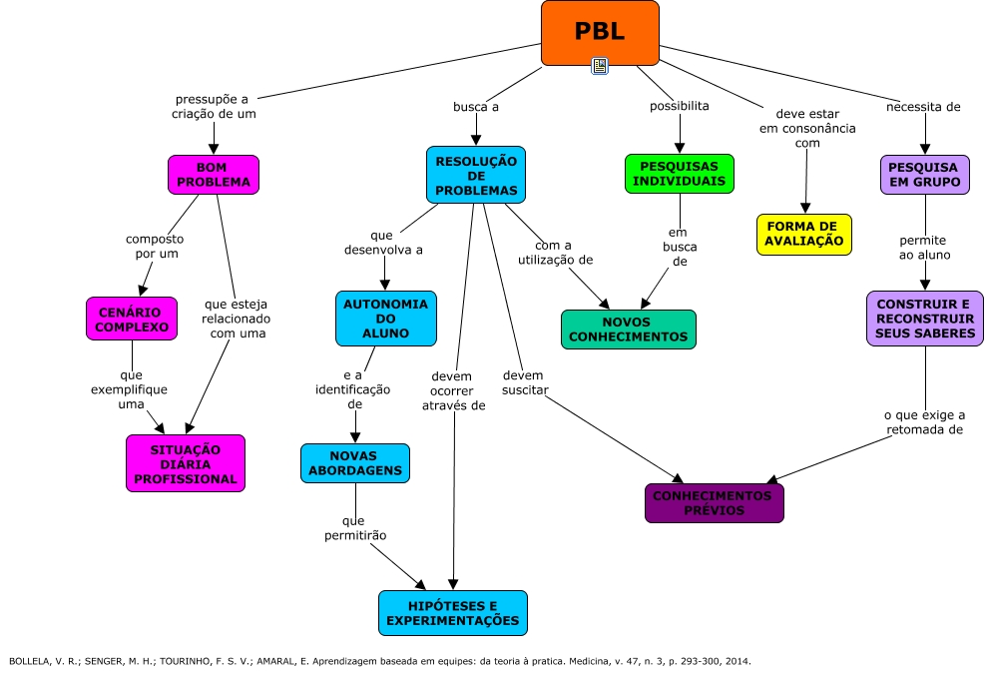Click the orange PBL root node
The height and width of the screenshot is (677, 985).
point(600,32)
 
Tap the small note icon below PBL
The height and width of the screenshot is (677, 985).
point(600,66)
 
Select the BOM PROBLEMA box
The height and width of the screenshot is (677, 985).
point(214,175)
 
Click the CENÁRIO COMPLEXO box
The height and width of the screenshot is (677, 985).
point(131,318)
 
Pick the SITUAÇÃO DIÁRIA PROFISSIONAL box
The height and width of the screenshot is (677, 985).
point(186,463)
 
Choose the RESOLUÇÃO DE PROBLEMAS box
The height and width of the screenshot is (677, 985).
point(475,175)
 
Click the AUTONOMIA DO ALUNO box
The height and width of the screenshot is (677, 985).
point(385,317)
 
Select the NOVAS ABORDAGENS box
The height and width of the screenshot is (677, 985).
point(354,462)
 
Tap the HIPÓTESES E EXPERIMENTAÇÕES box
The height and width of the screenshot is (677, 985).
point(453,612)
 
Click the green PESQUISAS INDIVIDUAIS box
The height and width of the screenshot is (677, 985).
point(680,173)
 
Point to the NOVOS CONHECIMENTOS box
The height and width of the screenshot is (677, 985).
point(628,329)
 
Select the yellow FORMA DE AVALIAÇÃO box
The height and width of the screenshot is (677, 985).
point(803,234)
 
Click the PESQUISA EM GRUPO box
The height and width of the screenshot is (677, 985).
point(924,175)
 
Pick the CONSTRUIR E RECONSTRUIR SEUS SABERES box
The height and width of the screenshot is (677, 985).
point(923,319)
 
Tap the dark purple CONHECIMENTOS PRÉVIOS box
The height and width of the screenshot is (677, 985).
point(714,502)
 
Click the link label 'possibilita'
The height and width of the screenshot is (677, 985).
point(680,106)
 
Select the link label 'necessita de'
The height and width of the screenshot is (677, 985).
point(923,106)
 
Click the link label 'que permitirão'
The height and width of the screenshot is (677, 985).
point(354,528)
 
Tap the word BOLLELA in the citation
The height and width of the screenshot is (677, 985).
point(27,661)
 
